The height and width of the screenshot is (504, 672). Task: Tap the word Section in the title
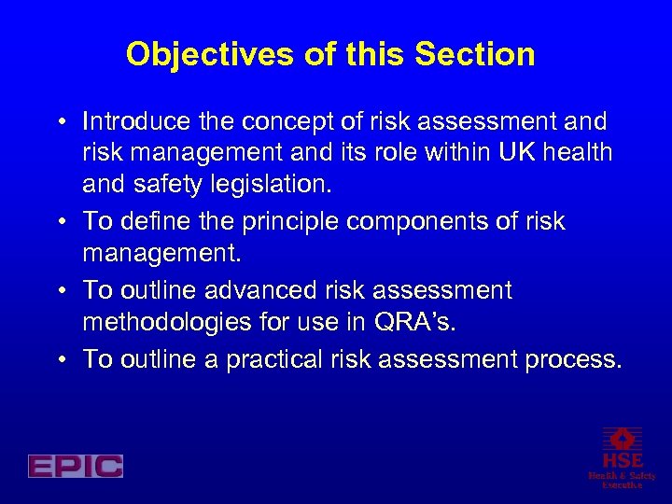point(475,54)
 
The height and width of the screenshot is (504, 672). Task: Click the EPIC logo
point(76,466)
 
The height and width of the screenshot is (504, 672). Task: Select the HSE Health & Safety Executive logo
point(622,456)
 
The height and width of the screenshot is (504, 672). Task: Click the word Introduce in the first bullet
point(134,121)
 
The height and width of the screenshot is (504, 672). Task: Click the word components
point(419,220)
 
